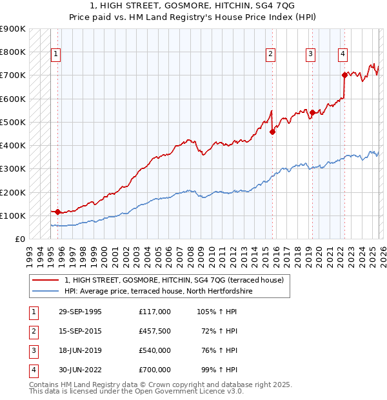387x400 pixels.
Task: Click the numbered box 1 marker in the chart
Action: pyautogui.click(x=57, y=54)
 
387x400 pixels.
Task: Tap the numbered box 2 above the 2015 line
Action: pyautogui.click(x=270, y=54)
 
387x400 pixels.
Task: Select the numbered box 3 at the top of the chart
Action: pyautogui.click(x=311, y=54)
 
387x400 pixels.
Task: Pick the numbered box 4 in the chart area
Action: pyautogui.click(x=343, y=54)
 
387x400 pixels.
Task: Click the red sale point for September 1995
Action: pyautogui.click(x=57, y=212)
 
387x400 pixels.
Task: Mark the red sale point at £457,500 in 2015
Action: pyautogui.click(x=272, y=132)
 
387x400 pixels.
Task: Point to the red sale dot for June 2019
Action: pyautogui.click(x=312, y=113)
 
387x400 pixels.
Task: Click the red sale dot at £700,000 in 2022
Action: pyautogui.click(x=344, y=75)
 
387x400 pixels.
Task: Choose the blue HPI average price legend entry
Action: pyautogui.click(x=158, y=292)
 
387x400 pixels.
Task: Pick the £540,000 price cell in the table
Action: pyautogui.click(x=155, y=350)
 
